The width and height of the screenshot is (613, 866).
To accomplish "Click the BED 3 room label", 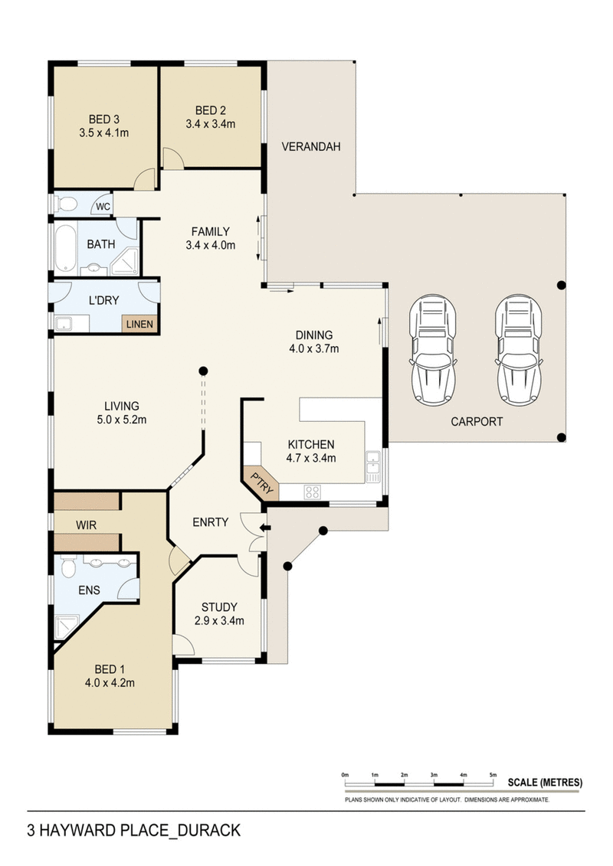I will [x=103, y=119].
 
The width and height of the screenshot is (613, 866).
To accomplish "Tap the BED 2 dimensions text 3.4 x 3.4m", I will [x=210, y=123].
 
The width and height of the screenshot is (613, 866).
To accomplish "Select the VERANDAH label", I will [x=310, y=147].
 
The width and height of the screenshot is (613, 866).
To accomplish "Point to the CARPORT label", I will [x=477, y=422].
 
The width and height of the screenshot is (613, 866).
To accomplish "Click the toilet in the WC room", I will [x=67, y=204].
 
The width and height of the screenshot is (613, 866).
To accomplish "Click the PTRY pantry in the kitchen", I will [x=257, y=482].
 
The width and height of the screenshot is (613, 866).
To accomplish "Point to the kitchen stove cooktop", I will [x=313, y=491].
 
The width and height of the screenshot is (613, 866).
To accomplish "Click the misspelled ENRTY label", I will [x=210, y=523].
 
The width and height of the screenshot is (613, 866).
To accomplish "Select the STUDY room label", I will [x=220, y=607].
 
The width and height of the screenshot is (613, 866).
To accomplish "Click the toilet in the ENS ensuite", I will [x=67, y=567].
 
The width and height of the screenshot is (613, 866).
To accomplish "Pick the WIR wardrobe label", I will [x=85, y=526].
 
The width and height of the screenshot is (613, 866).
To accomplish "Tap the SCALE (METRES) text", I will [x=546, y=783].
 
